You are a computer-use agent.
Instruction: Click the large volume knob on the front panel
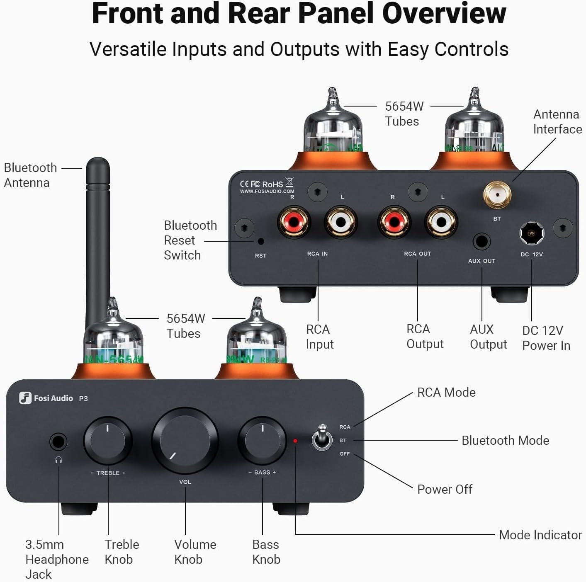185,441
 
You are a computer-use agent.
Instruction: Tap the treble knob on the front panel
108,441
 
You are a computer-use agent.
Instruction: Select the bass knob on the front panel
262,441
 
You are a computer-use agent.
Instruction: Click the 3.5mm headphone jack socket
58,442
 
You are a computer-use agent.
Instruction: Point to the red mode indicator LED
295,441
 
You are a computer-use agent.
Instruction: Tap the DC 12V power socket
532,234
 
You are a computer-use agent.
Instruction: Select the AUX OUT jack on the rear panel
481,241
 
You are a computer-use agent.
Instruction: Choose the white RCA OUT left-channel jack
441,222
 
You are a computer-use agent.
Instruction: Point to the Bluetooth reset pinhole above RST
261,241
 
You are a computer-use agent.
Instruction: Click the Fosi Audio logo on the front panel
46,398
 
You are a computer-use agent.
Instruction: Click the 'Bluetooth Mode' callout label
505,440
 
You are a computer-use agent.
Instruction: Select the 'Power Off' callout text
445,489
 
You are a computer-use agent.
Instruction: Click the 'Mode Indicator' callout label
540,535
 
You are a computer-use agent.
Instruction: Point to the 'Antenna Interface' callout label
557,121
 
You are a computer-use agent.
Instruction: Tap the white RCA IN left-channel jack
341,222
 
